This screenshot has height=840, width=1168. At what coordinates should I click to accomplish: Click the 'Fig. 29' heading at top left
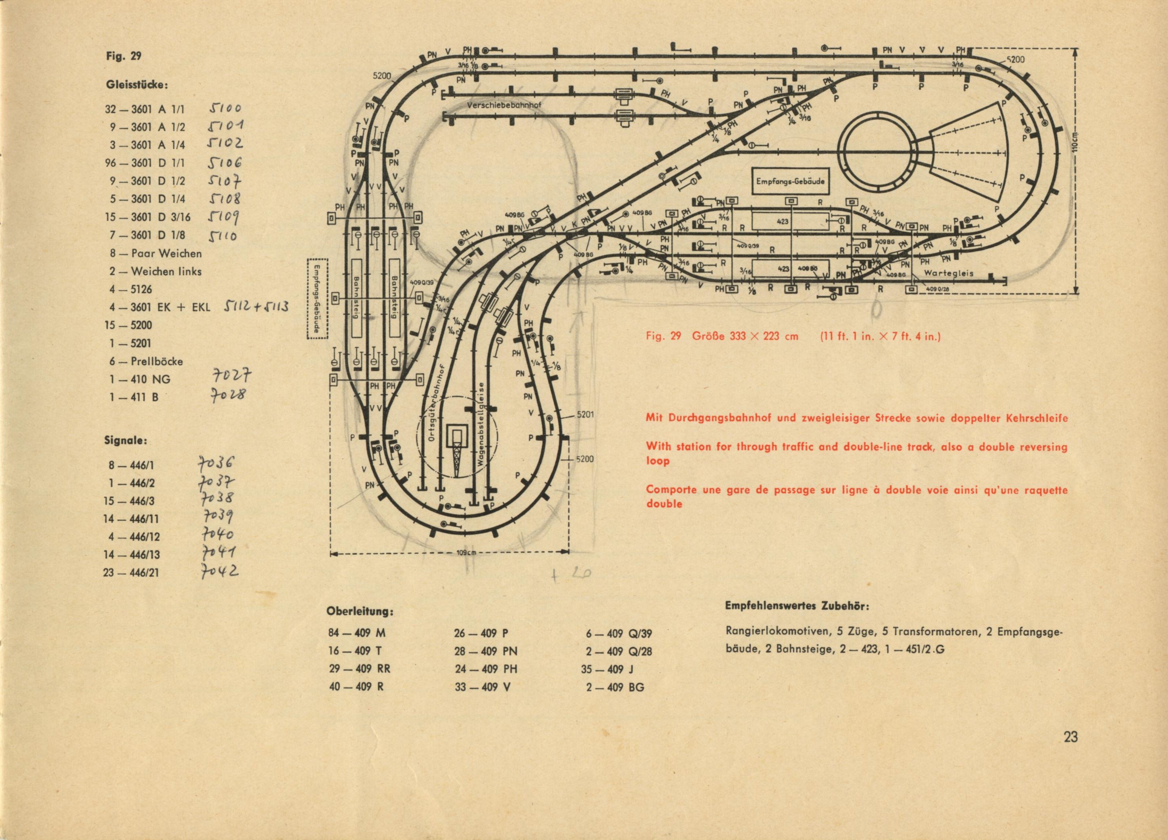(124, 56)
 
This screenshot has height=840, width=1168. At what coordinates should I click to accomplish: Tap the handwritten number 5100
(224, 108)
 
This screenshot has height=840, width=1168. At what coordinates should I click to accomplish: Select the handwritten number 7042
(219, 571)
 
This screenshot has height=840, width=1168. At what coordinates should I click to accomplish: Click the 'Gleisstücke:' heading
(137, 85)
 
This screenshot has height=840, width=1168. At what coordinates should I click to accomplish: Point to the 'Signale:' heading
(126, 441)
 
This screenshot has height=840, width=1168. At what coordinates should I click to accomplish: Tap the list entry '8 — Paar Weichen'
(155, 253)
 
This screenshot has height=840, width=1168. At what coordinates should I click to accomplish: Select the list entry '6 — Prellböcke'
(146, 361)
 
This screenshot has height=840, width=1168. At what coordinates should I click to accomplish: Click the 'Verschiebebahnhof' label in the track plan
(504, 105)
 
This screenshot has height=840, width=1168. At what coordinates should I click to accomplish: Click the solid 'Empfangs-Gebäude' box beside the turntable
(790, 181)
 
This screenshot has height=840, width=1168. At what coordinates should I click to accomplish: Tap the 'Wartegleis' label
(949, 273)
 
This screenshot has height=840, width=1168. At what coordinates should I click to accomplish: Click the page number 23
(1070, 737)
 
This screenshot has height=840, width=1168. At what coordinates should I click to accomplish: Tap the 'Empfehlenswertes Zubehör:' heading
(797, 606)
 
